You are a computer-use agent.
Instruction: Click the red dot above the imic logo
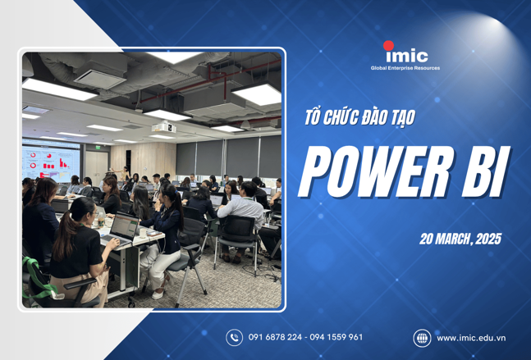tap(389, 45)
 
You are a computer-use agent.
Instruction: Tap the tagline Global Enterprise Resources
tap(405, 68)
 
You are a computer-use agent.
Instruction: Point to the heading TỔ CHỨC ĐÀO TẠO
tap(357, 117)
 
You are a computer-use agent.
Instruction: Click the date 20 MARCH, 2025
tap(459, 239)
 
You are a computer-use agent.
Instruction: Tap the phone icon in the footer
tap(235, 337)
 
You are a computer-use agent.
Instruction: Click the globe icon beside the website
tap(422, 337)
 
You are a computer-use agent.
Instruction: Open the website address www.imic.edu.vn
tap(470, 337)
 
